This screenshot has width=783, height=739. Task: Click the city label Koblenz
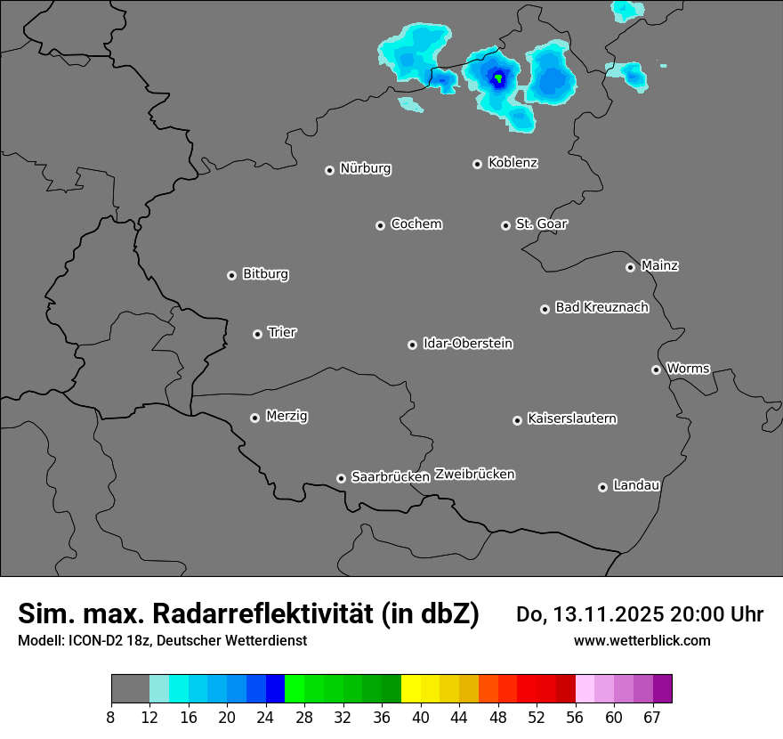[513, 163]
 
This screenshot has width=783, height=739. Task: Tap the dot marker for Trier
[258, 334]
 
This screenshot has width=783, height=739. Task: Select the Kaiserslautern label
[572, 418]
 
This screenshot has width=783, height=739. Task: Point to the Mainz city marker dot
[631, 267]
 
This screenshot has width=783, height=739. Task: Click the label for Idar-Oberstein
[468, 344]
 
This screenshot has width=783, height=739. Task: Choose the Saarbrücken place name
[391, 477]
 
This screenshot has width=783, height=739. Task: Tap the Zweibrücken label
[475, 475]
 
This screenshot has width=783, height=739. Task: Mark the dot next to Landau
[603, 487]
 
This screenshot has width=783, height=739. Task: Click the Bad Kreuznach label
[602, 308]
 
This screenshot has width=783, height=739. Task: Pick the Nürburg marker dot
[330, 170]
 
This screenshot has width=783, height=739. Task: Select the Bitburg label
[266, 274]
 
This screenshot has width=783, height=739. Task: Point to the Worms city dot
[657, 369]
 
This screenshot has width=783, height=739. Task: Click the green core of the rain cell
[499, 78]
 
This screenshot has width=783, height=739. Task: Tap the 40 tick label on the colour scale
[421, 717]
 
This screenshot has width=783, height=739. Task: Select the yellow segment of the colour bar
[411, 689]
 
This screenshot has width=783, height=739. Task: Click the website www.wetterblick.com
[642, 641]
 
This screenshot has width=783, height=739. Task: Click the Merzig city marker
[255, 418]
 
